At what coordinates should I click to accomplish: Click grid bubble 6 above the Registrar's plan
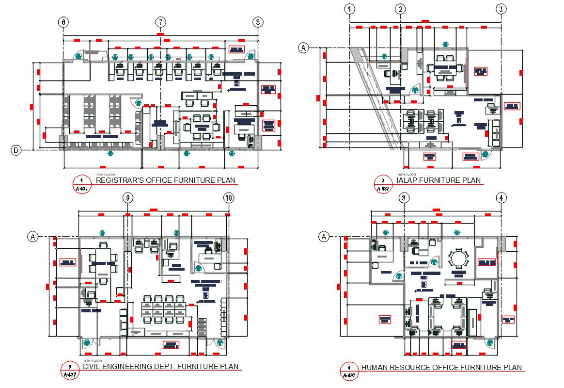click(63, 22)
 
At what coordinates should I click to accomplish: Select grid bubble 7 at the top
click(160, 22)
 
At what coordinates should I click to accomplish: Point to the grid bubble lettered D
click(16, 150)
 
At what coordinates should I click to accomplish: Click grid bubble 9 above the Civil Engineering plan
click(127, 198)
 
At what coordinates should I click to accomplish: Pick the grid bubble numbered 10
click(229, 198)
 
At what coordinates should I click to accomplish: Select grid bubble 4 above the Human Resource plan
click(501, 198)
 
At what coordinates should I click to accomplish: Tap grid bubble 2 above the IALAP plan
click(400, 9)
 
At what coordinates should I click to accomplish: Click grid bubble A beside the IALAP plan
click(304, 48)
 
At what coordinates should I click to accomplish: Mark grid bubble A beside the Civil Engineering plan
click(32, 237)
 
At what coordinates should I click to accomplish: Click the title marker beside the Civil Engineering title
click(70, 370)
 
